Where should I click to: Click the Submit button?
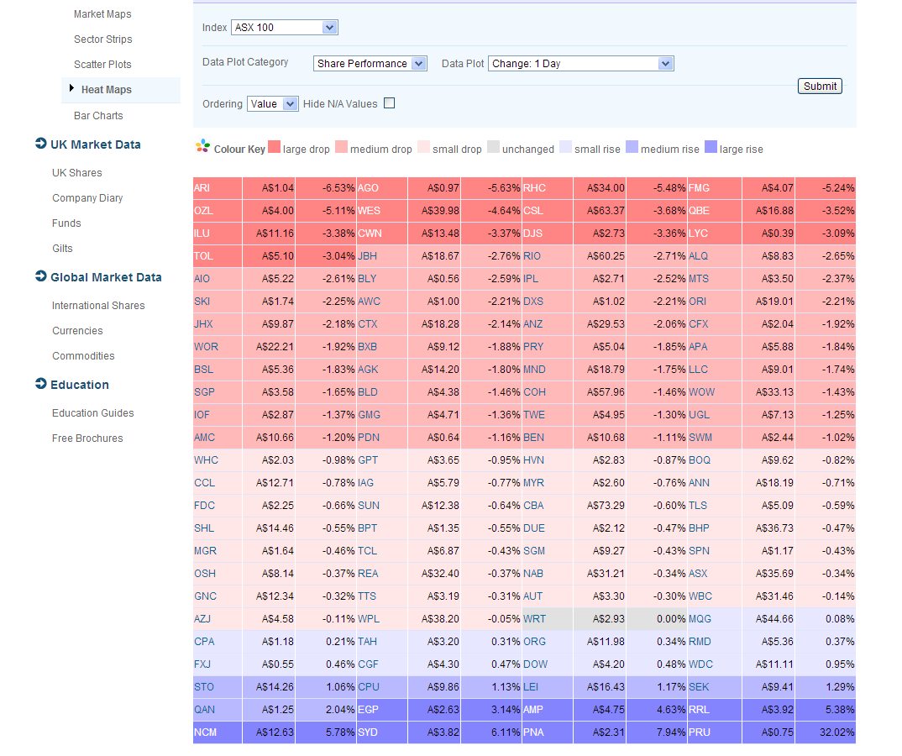coord(820,86)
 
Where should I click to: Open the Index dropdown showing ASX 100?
coord(284,28)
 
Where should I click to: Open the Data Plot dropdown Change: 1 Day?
coord(580,63)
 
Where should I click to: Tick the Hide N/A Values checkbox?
coord(389,103)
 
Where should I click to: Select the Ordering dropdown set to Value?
coord(272,104)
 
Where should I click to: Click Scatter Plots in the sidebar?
coord(102,65)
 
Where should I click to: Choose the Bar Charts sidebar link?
coord(98,116)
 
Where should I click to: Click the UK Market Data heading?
coord(95,144)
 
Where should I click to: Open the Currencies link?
coord(77,331)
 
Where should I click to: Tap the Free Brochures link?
coord(87,438)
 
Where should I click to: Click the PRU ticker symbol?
coord(700,732)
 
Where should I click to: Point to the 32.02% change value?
coord(835,732)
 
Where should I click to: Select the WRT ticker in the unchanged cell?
coord(534,619)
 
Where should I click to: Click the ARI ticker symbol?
coord(202,188)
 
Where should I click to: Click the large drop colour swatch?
coord(274,148)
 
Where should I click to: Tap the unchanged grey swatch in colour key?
coord(493,148)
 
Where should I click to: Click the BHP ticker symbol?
coord(699,528)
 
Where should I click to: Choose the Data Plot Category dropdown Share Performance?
coord(370,63)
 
